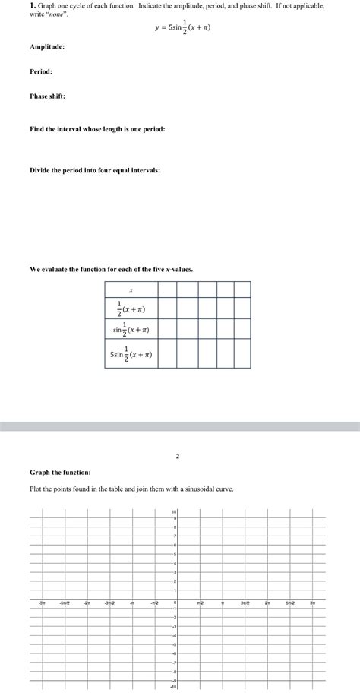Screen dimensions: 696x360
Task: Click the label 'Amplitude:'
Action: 47,47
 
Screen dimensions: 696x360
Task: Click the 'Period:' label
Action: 41,71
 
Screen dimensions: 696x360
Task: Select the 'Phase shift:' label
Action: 47,96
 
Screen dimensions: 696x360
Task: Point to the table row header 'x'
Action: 131,289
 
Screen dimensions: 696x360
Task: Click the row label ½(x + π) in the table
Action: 131,308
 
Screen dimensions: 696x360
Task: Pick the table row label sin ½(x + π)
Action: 131,329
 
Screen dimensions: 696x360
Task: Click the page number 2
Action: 177,457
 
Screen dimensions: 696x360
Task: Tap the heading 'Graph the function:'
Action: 60,472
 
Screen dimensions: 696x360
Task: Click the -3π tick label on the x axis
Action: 42,603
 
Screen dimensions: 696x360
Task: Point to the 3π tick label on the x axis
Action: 312,603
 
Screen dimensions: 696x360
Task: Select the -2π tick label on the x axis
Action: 87,603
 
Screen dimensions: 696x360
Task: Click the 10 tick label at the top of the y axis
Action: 174,512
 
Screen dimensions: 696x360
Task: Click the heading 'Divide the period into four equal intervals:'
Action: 95,170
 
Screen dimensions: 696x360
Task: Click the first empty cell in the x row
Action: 168,289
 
